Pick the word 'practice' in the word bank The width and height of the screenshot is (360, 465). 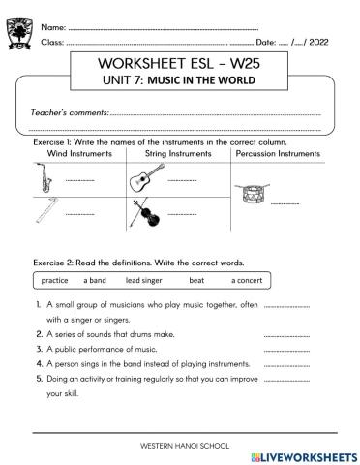(56, 280)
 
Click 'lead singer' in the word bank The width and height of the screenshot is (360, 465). (145, 280)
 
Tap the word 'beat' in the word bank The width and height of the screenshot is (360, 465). (196, 280)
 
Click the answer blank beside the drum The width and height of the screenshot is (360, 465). (285, 204)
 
